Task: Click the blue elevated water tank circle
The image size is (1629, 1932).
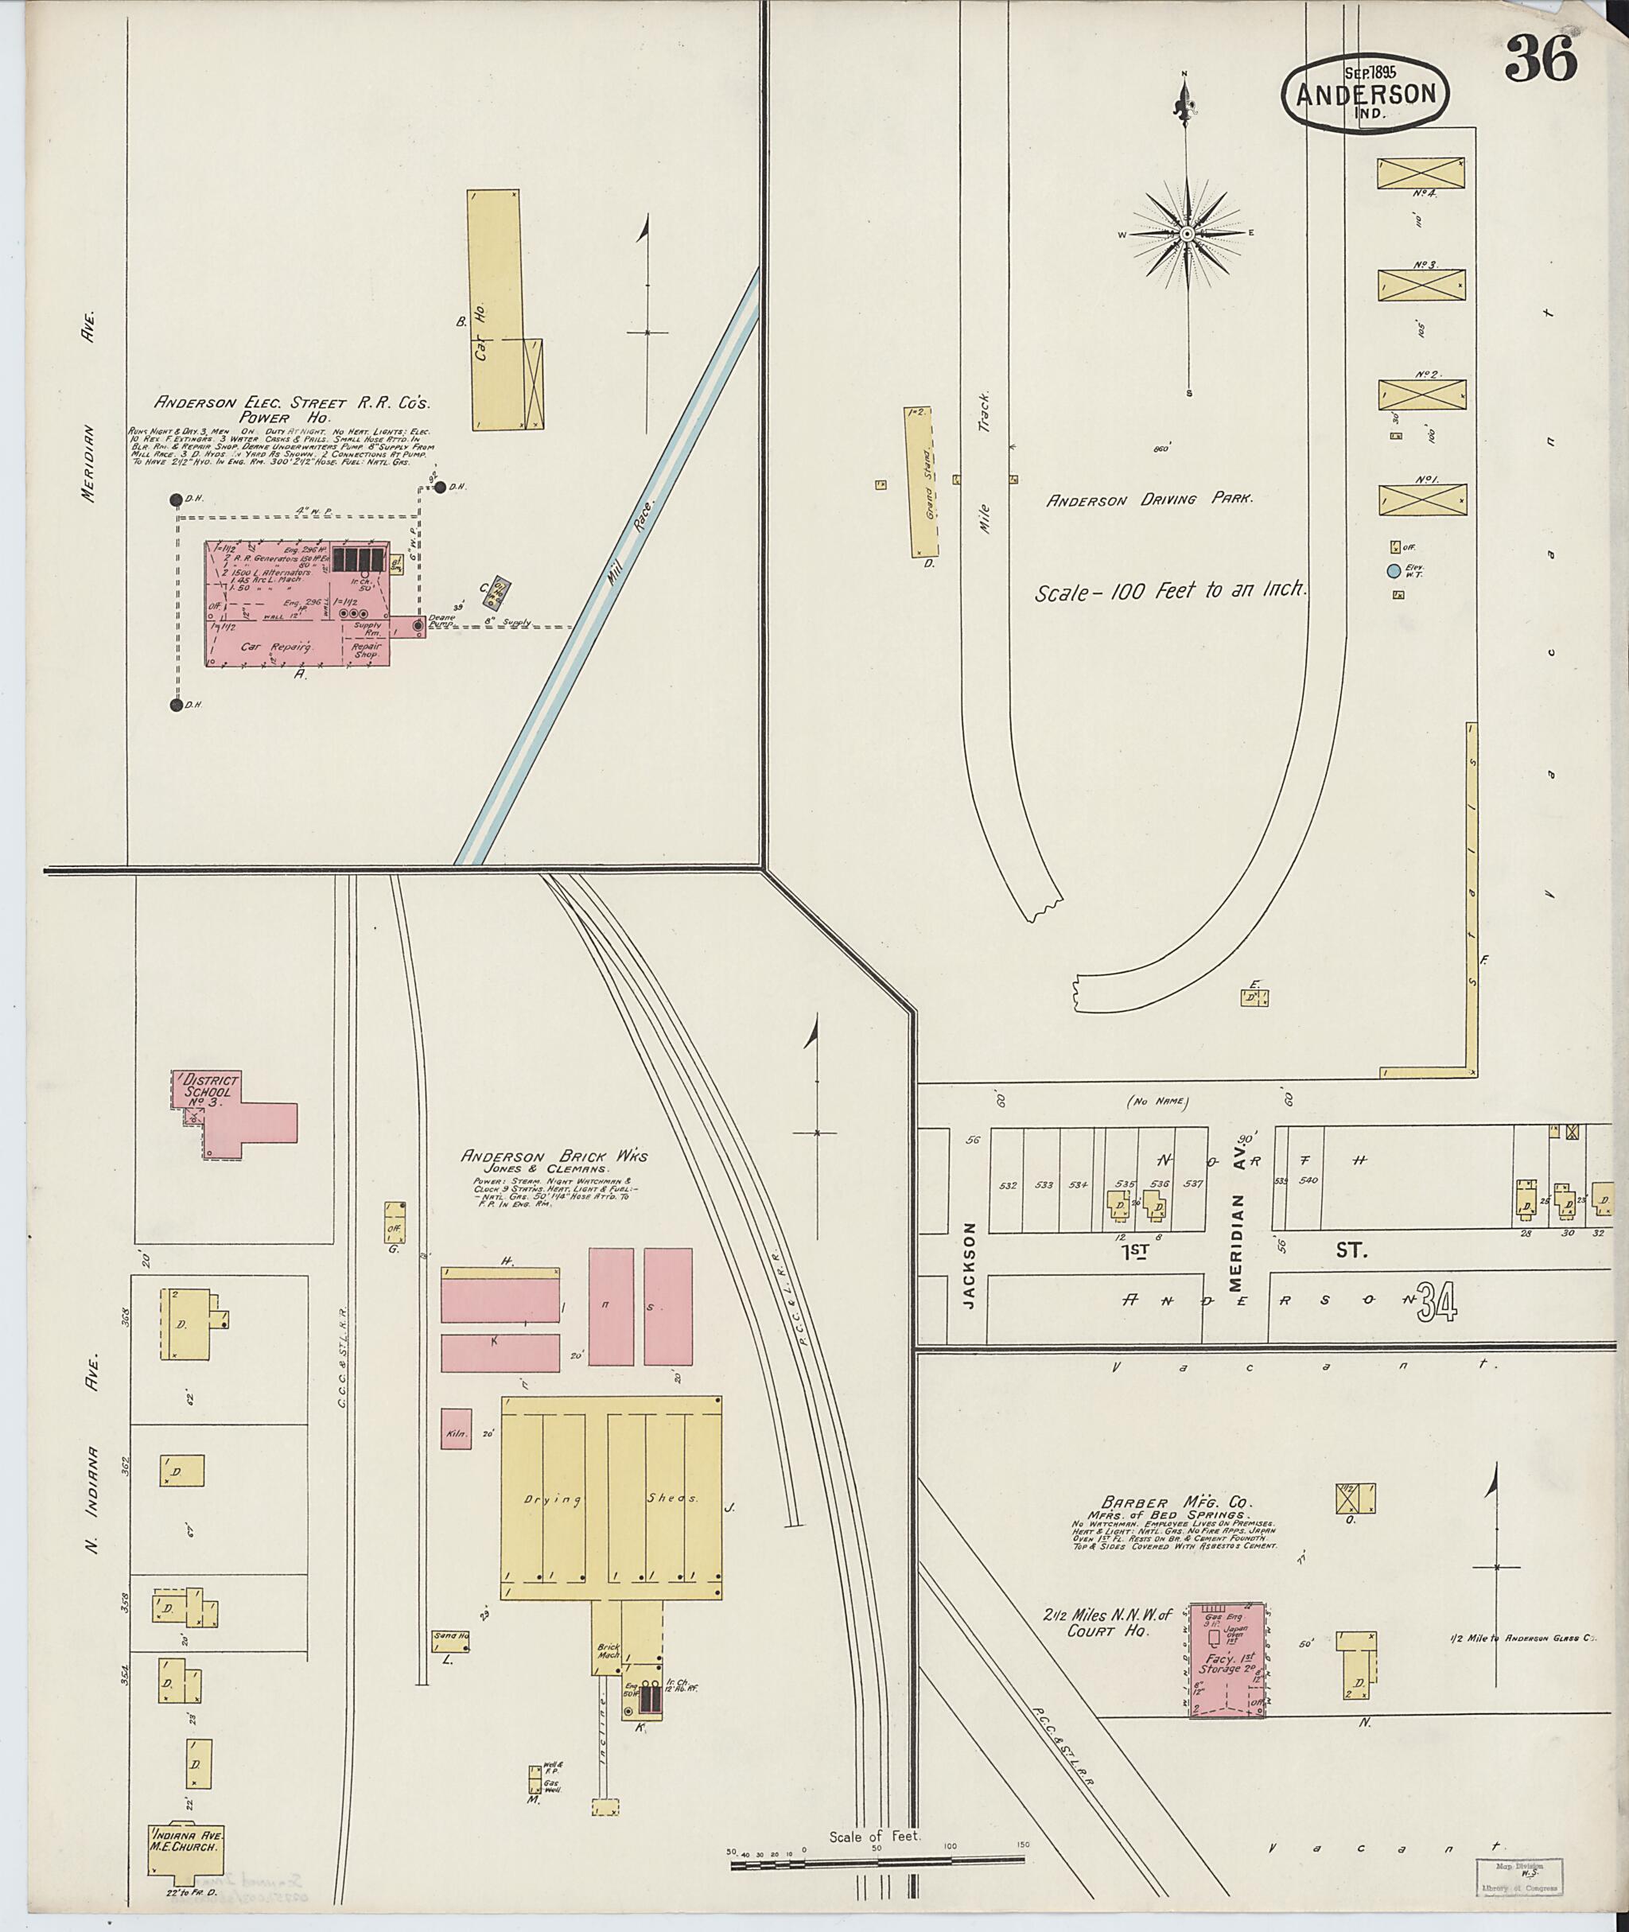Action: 1394,571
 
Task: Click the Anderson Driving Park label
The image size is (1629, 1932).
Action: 1148,500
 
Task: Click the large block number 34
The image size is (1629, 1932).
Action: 1440,1303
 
